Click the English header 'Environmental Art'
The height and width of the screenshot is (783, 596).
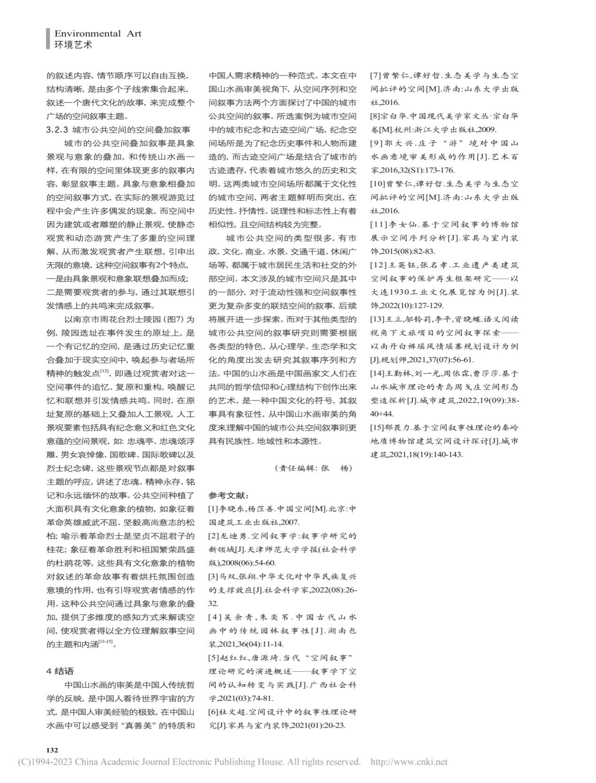coord(98,33)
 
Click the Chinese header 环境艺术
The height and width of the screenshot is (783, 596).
coord(73,45)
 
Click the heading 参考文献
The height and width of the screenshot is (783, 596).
coord(229,495)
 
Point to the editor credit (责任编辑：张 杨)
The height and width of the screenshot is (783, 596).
coord(313,468)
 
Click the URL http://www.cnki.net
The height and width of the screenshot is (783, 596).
coord(409,762)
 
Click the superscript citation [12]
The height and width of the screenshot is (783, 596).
coord(105,371)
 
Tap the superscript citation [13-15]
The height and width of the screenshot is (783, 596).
coord(105,642)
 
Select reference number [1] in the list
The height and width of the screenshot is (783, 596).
coord(213,509)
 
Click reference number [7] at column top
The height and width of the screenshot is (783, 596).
coord(376,75)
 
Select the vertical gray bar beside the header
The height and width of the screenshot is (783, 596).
coord(47,39)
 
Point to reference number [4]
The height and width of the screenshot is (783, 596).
coord(215,617)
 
